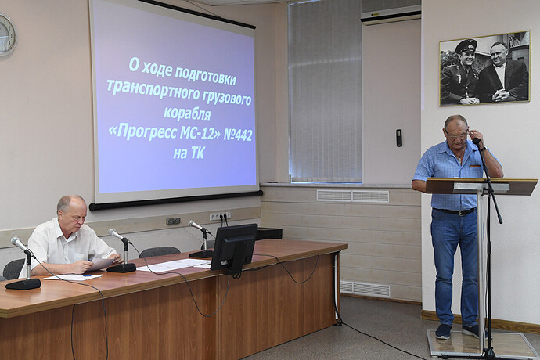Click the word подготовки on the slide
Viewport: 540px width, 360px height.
click(x=206, y=75)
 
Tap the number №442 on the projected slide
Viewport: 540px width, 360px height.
click(x=238, y=135)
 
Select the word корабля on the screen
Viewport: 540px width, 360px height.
click(x=187, y=113)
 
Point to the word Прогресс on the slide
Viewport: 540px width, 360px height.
click(x=149, y=132)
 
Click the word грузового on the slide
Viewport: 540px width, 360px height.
click(x=227, y=99)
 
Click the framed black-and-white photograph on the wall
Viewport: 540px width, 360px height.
click(x=485, y=69)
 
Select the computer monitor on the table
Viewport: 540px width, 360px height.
click(x=233, y=247)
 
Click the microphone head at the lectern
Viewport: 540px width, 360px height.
click(x=477, y=141)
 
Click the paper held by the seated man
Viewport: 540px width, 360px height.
click(x=100, y=264)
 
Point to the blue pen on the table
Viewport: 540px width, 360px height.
click(x=88, y=275)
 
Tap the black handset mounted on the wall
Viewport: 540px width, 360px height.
click(x=399, y=138)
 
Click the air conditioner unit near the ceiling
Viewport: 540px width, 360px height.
click(x=391, y=12)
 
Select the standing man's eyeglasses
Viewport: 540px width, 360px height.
click(x=457, y=135)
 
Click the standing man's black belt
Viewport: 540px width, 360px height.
click(x=454, y=211)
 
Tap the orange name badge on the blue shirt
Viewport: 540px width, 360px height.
click(x=474, y=167)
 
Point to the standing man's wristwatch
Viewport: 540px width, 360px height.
click(x=484, y=148)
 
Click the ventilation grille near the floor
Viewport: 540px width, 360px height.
click(x=365, y=289)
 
